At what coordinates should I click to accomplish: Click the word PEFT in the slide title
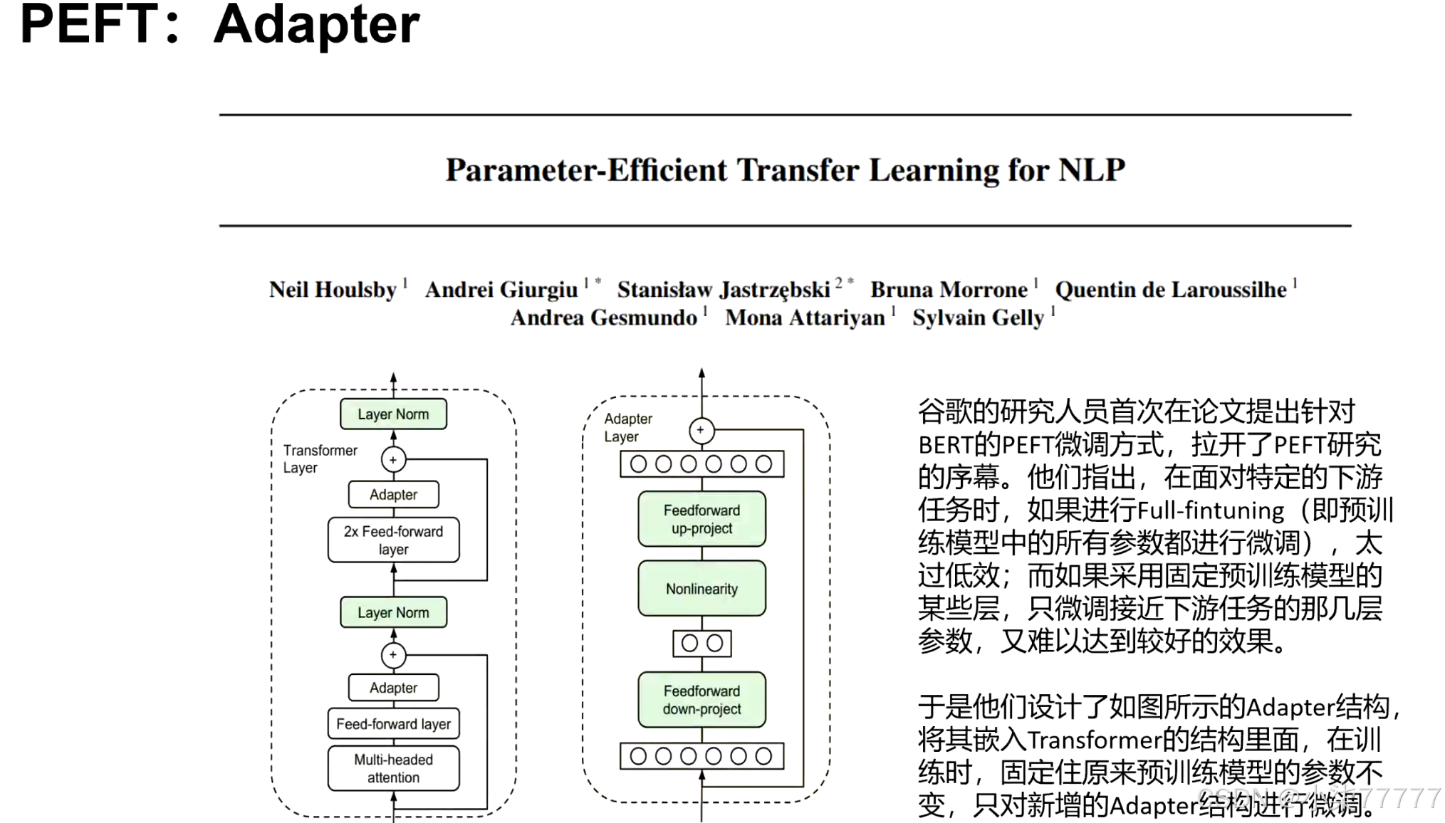click(x=89, y=24)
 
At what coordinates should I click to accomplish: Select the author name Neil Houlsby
click(x=333, y=290)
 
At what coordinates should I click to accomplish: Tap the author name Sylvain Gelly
click(x=978, y=318)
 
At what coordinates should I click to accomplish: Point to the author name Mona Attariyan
click(x=805, y=318)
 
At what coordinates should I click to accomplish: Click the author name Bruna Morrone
click(x=949, y=290)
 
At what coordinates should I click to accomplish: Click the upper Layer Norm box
click(x=393, y=414)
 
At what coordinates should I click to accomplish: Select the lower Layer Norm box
click(x=393, y=612)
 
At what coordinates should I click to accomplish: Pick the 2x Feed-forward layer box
click(x=393, y=540)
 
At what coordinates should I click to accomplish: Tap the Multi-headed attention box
click(x=393, y=768)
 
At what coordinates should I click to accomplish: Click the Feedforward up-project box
click(x=701, y=519)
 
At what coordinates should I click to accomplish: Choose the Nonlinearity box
click(x=701, y=589)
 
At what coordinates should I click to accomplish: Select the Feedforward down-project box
click(x=701, y=700)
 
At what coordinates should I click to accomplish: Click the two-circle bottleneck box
click(x=701, y=644)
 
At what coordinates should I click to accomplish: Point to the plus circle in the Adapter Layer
click(x=701, y=430)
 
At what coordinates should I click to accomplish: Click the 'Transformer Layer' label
click(x=319, y=458)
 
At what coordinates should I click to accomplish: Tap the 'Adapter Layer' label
click(x=627, y=427)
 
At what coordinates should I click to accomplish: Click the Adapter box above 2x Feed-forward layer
click(x=393, y=494)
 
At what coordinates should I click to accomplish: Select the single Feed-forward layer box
click(x=393, y=724)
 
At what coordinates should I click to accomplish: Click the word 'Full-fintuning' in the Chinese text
click(x=1210, y=510)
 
